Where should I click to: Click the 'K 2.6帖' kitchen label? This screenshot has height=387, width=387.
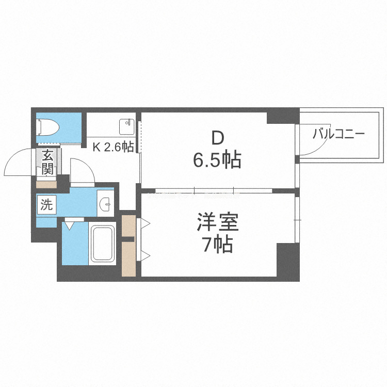tap(113, 147)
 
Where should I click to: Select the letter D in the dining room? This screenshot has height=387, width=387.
tap(217, 138)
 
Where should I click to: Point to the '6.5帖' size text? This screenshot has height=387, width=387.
tap(217, 161)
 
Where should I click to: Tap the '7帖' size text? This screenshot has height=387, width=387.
tap(217, 245)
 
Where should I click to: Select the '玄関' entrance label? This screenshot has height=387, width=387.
tap(47, 161)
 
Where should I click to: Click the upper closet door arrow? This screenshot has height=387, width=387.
tap(145, 223)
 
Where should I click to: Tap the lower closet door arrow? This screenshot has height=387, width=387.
tap(145, 254)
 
